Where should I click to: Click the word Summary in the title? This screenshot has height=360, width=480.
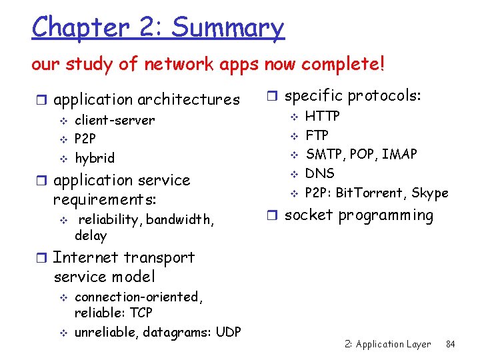tap(228, 28)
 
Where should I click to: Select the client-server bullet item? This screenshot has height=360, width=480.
tap(114, 121)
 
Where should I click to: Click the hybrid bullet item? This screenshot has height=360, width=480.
tap(94, 158)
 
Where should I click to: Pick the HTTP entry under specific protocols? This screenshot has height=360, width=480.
tap(323, 116)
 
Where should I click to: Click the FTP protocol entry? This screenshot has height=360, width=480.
tap(317, 135)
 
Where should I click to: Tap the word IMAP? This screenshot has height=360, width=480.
tap(399, 155)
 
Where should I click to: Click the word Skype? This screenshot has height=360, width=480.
tap(430, 193)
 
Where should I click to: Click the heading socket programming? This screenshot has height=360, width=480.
tap(359, 215)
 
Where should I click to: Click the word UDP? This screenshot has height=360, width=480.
tap(228, 332)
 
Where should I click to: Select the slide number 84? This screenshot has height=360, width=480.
tap(450, 344)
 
